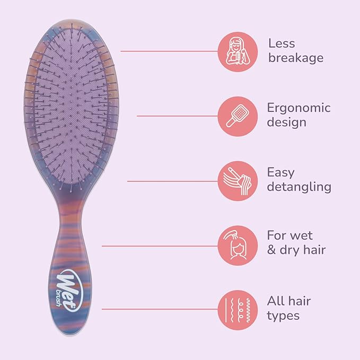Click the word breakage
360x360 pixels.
point(295,58)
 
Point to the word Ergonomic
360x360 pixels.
point(298,108)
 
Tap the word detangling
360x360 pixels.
point(299,187)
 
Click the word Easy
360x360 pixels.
point(280,172)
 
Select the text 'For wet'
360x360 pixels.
point(290,235)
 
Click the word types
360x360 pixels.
point(283,316)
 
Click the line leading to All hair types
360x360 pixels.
point(159,309)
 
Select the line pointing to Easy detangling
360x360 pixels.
point(172,181)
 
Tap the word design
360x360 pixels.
point(286,122)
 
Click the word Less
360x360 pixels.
point(282,43)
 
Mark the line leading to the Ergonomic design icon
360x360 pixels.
point(177,116)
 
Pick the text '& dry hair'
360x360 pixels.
point(296,250)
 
